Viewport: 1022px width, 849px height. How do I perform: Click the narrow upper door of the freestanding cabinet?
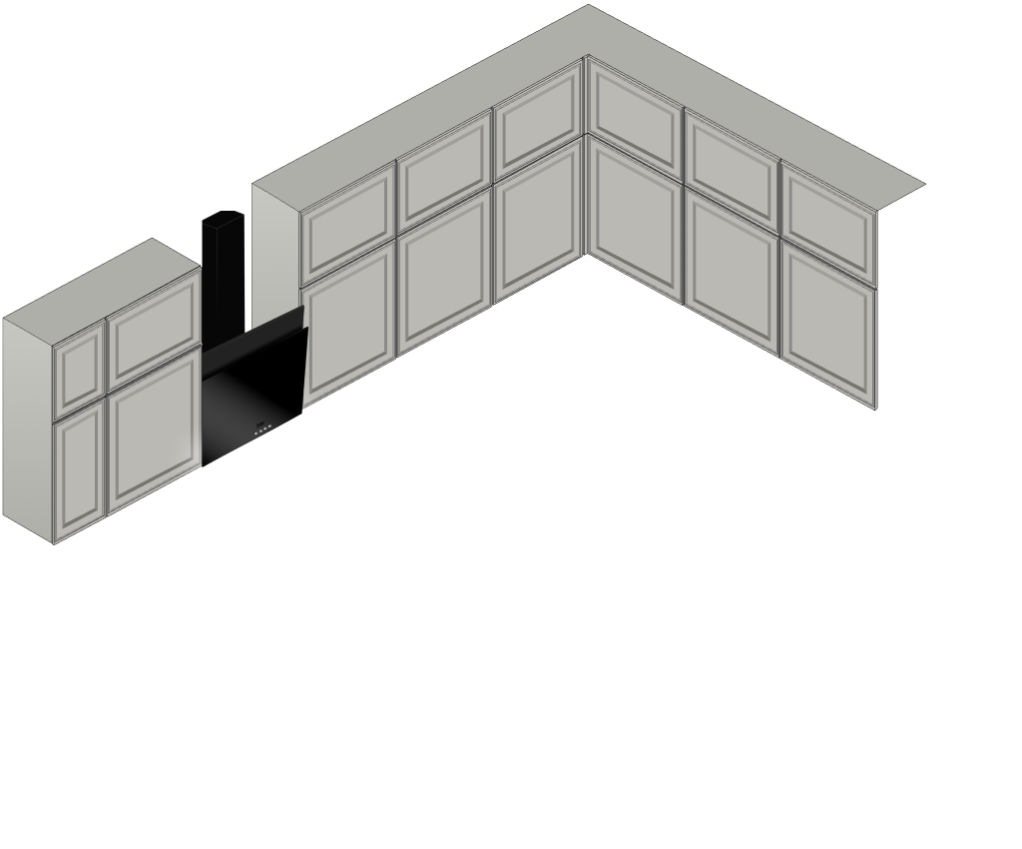point(79,368)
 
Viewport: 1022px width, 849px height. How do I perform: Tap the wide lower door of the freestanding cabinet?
point(154,431)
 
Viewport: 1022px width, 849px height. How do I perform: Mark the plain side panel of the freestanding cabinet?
point(27,424)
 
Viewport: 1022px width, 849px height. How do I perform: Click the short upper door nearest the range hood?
point(348,226)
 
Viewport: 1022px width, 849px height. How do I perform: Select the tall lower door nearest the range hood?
point(348,324)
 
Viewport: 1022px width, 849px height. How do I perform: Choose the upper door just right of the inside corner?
point(635,118)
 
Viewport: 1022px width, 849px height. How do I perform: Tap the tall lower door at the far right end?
point(828,326)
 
